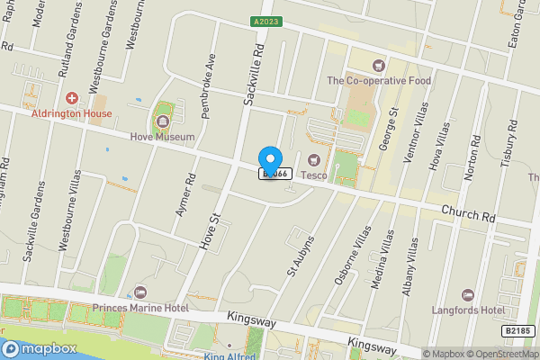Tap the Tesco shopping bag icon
313,160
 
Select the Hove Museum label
162,138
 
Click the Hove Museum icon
163,120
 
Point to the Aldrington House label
72,113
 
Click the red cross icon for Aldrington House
72,96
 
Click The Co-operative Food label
379,80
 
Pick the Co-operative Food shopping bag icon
379,64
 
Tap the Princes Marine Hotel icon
139,292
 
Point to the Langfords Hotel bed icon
468,294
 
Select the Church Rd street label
469,213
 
